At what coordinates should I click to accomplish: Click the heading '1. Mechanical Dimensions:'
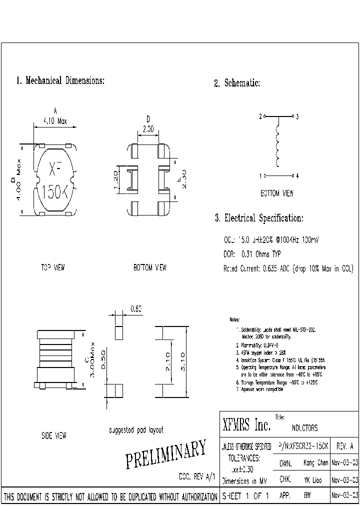tap(60, 80)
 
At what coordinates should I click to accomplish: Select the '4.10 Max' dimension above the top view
tap(55, 121)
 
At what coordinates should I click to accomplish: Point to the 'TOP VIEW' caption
tap(52, 267)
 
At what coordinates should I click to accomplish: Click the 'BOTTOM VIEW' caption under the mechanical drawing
tap(149, 267)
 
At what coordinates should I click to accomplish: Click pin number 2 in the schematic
tap(260, 116)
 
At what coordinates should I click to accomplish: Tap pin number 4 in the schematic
tap(297, 176)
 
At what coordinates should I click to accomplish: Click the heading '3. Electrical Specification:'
tap(258, 218)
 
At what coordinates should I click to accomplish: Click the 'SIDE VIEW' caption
tap(53, 436)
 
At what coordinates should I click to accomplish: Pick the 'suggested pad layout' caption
tap(135, 429)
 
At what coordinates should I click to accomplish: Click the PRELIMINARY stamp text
tap(165, 454)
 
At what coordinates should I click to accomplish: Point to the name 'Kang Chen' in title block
tap(315, 463)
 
